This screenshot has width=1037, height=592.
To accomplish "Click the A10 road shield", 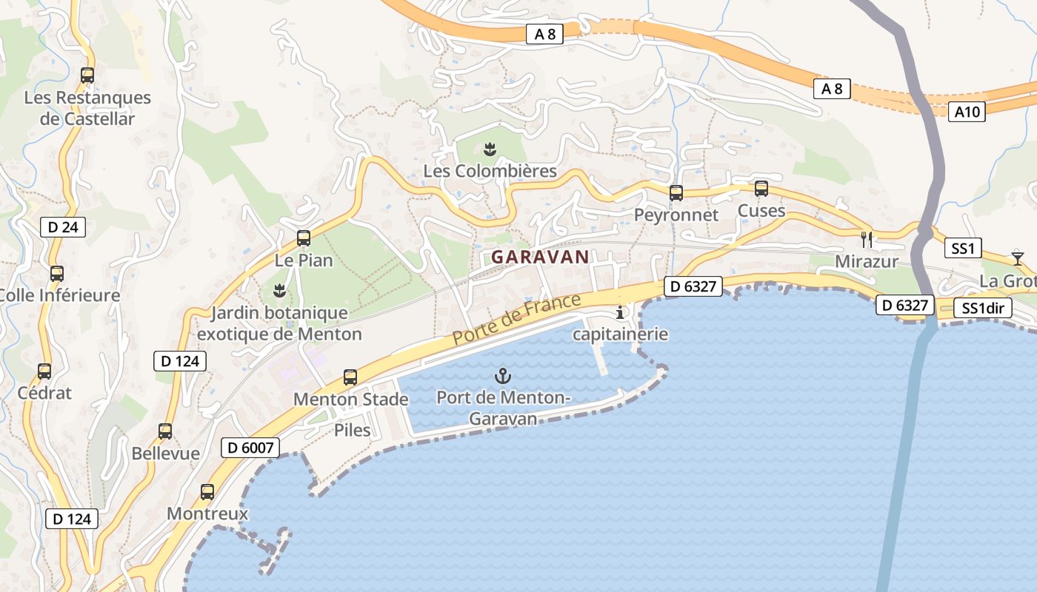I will tap(967, 112).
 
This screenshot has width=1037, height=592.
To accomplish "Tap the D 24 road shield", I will tap(62, 226).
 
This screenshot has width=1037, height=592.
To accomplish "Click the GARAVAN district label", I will tap(540, 257).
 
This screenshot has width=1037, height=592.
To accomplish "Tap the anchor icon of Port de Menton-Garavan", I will tap(503, 376).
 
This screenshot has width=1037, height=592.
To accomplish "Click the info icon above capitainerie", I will tap(621, 312).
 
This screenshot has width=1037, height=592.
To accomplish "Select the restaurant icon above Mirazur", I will tap(867, 239).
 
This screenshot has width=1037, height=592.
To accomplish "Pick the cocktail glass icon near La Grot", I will tap(1018, 258).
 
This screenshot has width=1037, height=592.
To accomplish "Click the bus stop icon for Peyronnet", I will tap(676, 193).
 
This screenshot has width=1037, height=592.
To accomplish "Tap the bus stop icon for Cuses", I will tap(761, 189).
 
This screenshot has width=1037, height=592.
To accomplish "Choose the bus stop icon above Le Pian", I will tap(304, 238).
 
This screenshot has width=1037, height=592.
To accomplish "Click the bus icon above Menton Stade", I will tap(350, 377).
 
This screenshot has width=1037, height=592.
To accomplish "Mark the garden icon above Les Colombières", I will tap(489, 149).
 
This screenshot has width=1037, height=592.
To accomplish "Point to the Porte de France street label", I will tap(516, 319).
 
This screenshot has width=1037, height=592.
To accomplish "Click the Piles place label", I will tap(353, 430).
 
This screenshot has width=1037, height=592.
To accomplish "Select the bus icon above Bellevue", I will tap(165, 431).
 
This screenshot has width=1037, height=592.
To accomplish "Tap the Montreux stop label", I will tap(207, 514).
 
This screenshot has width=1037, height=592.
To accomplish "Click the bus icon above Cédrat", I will tap(44, 371).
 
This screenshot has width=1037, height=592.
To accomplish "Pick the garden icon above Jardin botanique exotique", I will tap(279, 290).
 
